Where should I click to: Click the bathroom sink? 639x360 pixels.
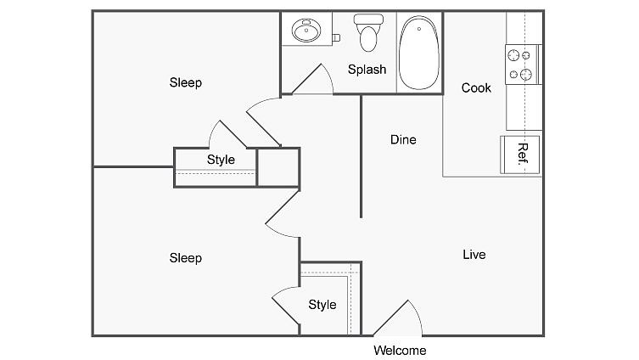pos(305,32)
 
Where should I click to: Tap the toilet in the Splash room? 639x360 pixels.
pos(367,35)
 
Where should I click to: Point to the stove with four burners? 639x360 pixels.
pos(522,64)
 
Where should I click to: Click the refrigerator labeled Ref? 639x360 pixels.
pos(521,153)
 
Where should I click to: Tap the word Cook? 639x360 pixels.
pos(476,87)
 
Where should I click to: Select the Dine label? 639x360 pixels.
pos(403,139)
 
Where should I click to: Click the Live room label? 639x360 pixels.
pos(474,254)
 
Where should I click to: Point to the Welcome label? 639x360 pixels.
pos(400,350)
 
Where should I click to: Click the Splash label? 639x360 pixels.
pos(367,70)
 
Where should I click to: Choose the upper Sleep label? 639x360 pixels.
pos(186,82)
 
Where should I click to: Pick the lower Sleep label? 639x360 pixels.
pos(186,257)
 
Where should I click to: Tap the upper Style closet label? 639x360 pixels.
pos(221,160)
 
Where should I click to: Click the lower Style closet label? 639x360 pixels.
pos(322,305)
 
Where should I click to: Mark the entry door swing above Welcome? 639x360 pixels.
pos(400,318)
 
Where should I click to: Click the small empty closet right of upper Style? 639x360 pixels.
pos(277,167)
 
